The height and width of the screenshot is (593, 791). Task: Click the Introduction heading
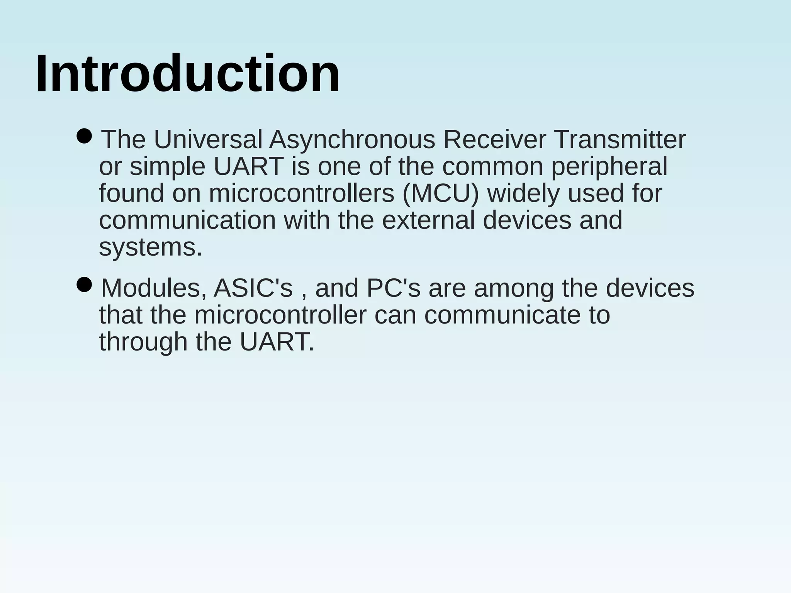tap(187, 73)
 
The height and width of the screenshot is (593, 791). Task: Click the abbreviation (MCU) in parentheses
tap(440, 193)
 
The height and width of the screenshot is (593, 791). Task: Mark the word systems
tap(151, 247)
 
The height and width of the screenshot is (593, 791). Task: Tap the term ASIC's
tap(253, 288)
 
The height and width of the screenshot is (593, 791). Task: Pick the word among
tap(514, 289)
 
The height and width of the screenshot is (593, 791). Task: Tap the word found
tap(132, 193)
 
